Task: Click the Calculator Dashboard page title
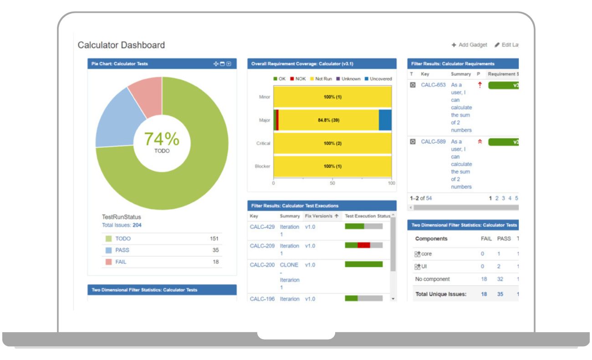point(121,45)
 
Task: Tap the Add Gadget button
point(470,45)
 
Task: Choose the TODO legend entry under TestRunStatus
point(123,239)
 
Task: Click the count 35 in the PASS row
point(215,250)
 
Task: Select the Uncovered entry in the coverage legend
point(380,79)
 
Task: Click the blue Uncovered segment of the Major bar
point(385,120)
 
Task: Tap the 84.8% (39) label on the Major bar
point(328,120)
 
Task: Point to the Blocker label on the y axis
point(262,166)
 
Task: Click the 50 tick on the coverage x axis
point(332,183)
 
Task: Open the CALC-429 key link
point(262,227)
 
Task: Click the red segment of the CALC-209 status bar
point(364,245)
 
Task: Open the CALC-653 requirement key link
point(433,85)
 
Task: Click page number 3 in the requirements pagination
point(503,198)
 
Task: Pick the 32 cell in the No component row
point(500,279)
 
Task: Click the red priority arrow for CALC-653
point(480,85)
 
